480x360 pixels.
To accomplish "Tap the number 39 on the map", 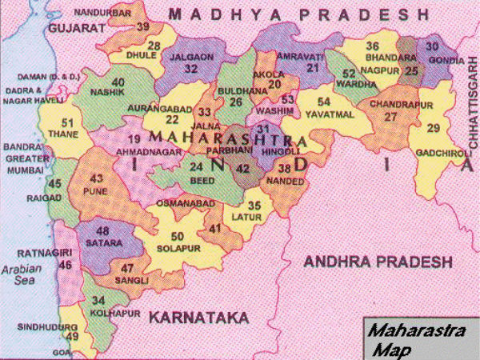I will (x=143, y=26).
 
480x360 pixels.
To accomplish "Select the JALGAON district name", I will (x=191, y=58).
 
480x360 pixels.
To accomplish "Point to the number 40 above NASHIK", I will (x=118, y=82).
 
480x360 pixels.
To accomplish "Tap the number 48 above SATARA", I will (x=103, y=231).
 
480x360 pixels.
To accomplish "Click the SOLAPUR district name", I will (x=174, y=247).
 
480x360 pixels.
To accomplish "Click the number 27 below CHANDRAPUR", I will (x=390, y=116).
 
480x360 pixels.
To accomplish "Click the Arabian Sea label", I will (x=19, y=275).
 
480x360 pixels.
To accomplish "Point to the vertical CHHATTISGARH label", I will (x=471, y=105).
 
